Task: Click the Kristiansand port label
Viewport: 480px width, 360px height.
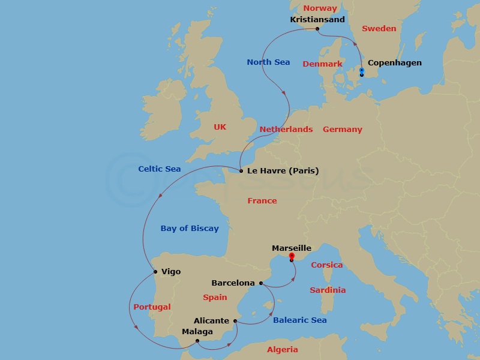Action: coord(317,19)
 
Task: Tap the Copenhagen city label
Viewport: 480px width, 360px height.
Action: coord(394,62)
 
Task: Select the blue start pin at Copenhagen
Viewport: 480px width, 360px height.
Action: coord(361,71)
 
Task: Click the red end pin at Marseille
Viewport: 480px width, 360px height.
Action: coord(291,257)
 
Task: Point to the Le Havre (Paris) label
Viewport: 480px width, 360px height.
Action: coord(282,171)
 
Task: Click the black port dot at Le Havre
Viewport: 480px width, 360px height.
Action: coord(241,171)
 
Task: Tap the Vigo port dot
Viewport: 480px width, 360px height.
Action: coord(155,272)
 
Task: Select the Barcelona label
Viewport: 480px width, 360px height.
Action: coord(233,283)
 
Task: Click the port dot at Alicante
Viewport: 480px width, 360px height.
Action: coord(235,321)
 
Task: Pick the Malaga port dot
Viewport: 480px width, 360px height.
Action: coord(197,341)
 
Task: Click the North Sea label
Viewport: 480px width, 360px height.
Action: coord(268,62)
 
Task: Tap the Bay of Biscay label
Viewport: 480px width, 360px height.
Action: coord(190,228)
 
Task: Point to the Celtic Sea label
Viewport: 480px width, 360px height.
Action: coord(159,169)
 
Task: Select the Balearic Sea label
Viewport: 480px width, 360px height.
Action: coord(299,320)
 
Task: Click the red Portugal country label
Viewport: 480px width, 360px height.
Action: coord(152,307)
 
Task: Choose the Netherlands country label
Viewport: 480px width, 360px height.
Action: coord(286,129)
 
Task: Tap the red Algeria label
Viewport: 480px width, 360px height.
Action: coord(282,349)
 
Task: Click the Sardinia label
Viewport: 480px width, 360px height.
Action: coord(328,290)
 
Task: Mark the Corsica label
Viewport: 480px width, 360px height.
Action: coord(326,265)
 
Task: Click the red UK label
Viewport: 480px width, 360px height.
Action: coord(220,127)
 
